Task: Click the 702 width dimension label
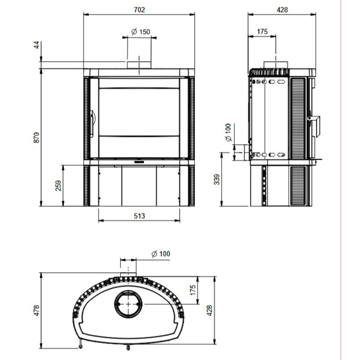(x=139, y=9)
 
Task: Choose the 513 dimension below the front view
(x=139, y=216)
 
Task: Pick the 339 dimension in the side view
(x=218, y=180)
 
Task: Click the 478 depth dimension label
(x=36, y=310)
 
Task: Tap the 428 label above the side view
(x=282, y=9)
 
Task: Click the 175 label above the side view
(x=262, y=31)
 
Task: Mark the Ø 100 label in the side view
(x=227, y=133)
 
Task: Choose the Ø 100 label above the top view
(x=161, y=254)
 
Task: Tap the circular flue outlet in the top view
(x=129, y=304)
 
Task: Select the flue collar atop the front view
(x=139, y=63)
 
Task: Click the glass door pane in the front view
(x=139, y=117)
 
